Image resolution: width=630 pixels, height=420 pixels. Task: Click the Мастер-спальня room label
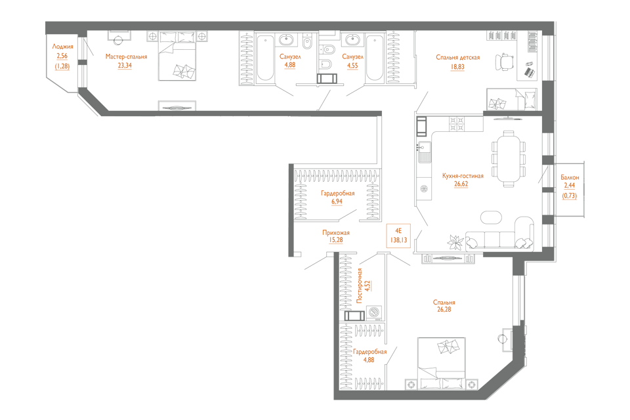click(x=127, y=57)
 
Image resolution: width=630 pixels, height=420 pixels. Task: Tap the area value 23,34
click(x=124, y=66)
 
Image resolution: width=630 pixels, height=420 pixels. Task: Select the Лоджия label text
click(x=62, y=47)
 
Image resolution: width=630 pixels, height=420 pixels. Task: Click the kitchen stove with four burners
click(x=455, y=122)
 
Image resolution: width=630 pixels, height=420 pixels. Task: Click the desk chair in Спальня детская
click(x=504, y=61)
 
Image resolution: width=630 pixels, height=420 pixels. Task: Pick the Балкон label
click(x=569, y=178)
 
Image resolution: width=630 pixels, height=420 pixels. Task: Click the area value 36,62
click(x=461, y=184)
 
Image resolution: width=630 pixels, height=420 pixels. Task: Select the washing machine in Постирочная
click(x=375, y=312)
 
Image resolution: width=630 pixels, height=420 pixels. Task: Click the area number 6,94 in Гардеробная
click(x=337, y=202)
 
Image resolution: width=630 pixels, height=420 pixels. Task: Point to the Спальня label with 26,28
click(x=444, y=303)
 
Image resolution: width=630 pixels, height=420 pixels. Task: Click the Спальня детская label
click(x=457, y=57)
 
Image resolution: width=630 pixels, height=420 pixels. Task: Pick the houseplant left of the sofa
click(x=453, y=241)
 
